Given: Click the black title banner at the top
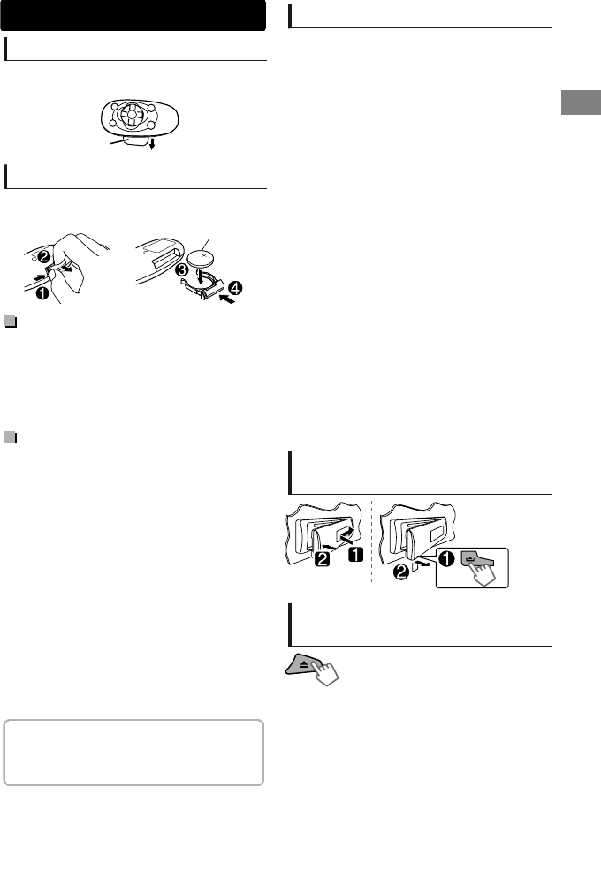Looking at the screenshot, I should click(134, 16).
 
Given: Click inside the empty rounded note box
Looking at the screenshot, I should click(134, 752).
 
